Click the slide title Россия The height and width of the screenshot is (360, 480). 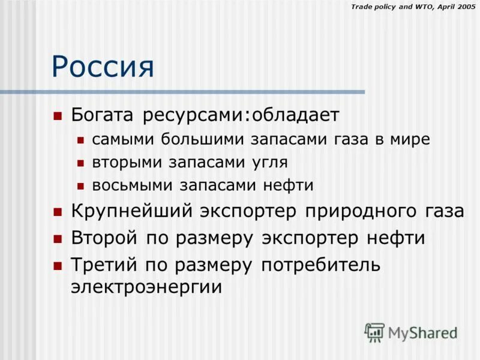pyautogui.click(x=103, y=67)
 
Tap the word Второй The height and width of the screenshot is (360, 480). pyautogui.click(x=105, y=238)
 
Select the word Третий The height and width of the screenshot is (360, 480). pyautogui.click(x=105, y=265)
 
